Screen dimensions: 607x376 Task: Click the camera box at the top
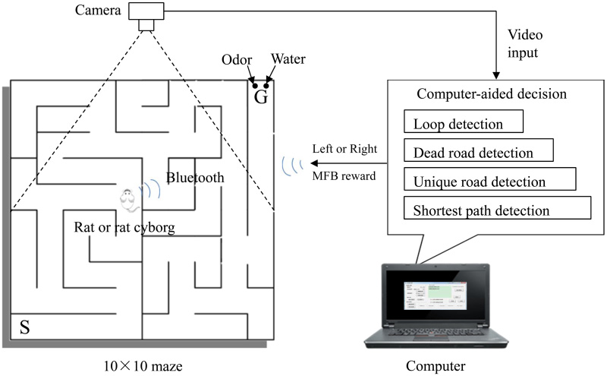146,11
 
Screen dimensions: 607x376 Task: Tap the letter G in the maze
261,97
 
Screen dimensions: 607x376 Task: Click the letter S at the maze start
25,327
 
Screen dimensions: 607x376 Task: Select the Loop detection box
464,122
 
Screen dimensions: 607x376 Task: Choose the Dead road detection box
479,150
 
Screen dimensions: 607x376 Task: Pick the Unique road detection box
489,179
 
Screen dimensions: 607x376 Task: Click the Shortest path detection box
498,208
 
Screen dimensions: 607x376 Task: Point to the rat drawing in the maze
128,200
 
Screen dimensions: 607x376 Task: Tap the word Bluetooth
195,178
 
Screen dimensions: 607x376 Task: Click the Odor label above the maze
237,60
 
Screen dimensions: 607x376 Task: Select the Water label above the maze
288,59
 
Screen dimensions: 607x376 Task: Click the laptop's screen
436,295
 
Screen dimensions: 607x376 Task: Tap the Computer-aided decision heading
492,93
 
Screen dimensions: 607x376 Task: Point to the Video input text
525,43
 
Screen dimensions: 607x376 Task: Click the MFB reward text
344,176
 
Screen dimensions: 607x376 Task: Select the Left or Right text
344,149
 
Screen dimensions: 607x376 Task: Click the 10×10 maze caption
143,366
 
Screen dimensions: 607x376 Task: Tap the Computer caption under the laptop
436,366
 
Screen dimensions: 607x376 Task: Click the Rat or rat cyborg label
124,228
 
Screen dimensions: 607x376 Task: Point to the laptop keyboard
436,332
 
